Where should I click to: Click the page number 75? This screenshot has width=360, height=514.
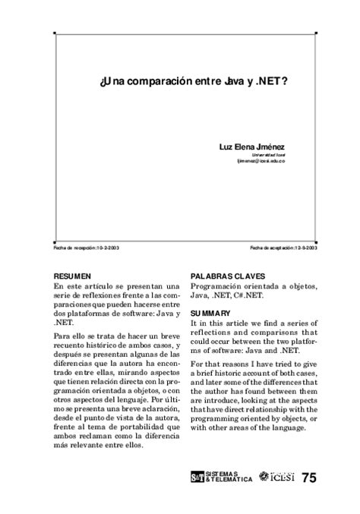tap(309, 478)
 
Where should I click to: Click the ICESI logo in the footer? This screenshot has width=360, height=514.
tap(276, 478)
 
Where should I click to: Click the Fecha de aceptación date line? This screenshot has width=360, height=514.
tap(283, 248)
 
